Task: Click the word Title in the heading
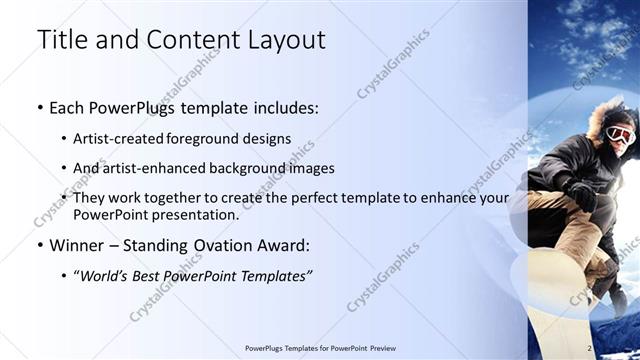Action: point(61,40)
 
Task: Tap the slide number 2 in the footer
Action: point(589,348)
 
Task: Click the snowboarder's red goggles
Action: point(619,134)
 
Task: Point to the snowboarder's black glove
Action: point(581,194)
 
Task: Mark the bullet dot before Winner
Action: point(39,245)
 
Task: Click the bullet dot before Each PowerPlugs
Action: point(39,106)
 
